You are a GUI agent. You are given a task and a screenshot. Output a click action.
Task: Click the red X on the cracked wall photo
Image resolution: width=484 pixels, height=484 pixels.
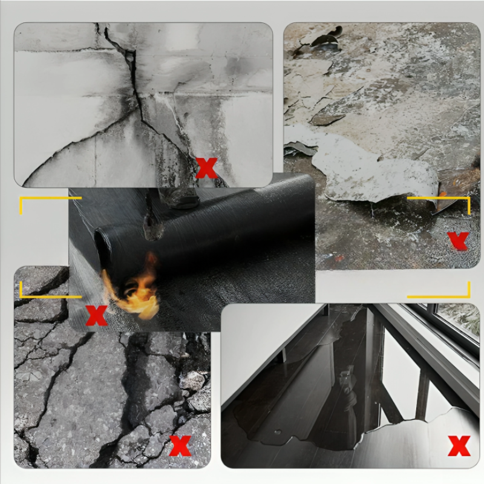206,168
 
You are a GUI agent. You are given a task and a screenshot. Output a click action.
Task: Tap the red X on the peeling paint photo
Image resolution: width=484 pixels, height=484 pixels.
459,241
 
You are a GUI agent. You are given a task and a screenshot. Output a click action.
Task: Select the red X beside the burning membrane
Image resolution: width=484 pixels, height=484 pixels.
96,315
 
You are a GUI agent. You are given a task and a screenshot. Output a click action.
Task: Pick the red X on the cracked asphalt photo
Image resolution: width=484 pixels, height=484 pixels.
180,445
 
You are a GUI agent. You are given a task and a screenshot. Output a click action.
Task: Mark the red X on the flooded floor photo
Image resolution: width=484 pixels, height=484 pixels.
459,446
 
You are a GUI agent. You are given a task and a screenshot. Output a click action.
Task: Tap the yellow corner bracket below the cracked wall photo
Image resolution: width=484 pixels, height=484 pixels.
30,206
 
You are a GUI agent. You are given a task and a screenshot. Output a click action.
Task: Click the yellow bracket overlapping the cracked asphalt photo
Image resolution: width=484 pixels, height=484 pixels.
36,293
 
